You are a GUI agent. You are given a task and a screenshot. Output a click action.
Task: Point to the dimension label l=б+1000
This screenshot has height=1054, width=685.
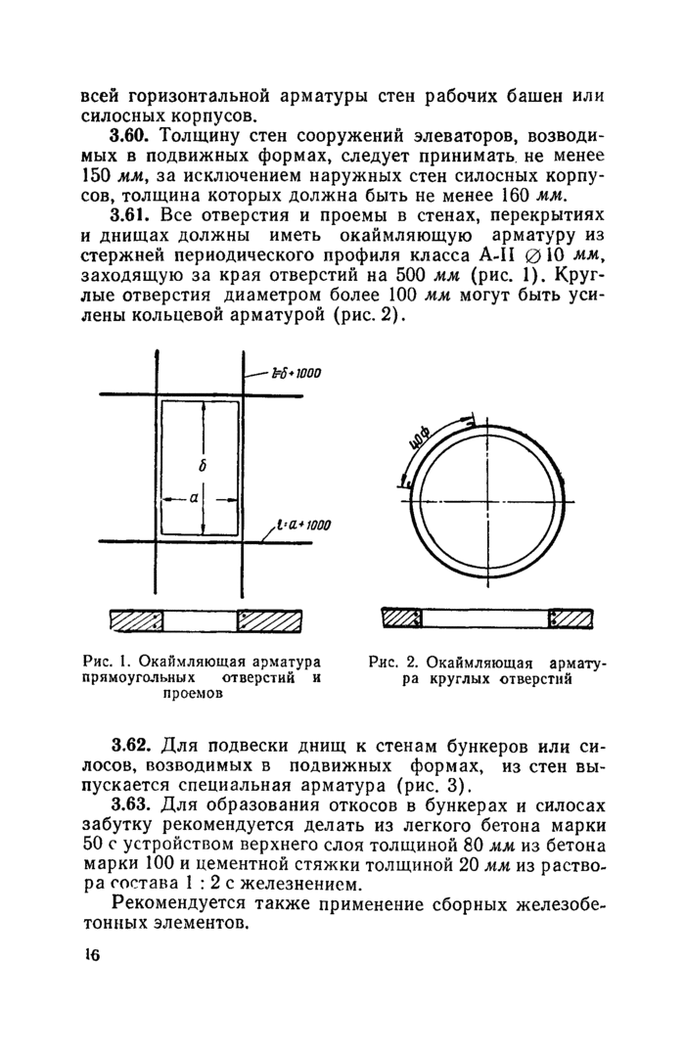tap(297, 373)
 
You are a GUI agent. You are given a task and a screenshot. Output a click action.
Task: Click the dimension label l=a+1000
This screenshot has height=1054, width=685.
tap(304, 527)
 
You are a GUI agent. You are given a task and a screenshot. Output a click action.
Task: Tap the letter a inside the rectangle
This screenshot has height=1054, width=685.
tap(194, 498)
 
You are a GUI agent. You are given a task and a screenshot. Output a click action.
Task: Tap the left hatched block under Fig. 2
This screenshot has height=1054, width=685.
tap(400, 619)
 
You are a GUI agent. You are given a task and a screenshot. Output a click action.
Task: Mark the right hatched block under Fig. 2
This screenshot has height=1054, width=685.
tap(572, 619)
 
